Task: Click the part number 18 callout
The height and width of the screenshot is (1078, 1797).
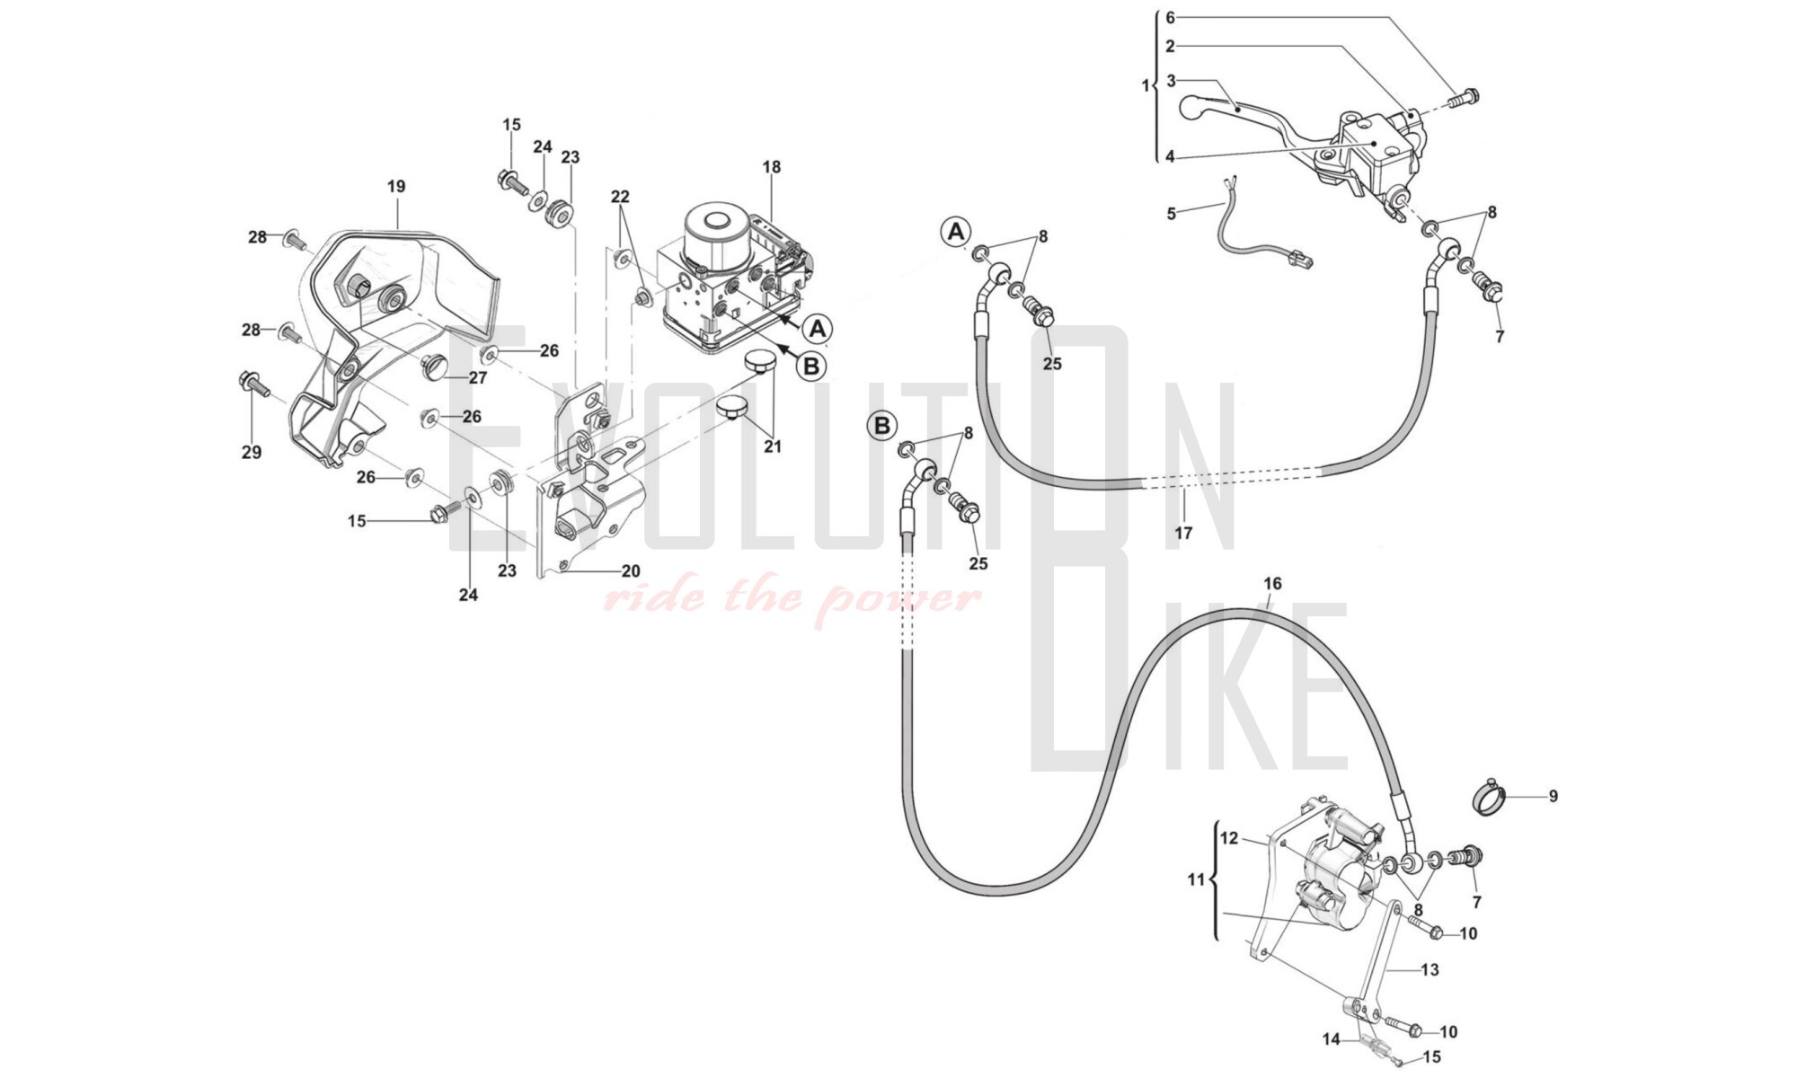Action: pos(772,167)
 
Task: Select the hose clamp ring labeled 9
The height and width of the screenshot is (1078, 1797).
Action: pos(1492,796)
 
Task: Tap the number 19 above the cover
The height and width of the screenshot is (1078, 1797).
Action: pos(396,187)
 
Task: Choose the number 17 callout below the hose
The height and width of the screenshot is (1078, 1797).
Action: pos(1183,534)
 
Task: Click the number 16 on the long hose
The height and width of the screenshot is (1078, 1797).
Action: pos(1272,584)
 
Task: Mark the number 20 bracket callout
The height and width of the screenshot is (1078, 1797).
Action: pos(631,571)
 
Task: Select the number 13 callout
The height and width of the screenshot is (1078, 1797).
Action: pos(1430,970)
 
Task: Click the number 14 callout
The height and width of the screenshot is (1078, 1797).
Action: pos(1331,1039)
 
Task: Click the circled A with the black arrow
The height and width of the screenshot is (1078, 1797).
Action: pos(818,330)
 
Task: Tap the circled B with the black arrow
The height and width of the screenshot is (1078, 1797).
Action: pos(810,366)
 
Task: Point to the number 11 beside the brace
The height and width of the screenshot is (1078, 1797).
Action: pos(1195,880)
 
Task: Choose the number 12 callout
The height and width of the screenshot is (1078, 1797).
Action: pos(1229,838)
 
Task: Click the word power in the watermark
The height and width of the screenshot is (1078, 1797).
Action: pos(898,597)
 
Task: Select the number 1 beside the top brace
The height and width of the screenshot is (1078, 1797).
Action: pos(1145,86)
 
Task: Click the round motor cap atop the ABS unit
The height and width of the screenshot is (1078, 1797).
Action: pos(716,222)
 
